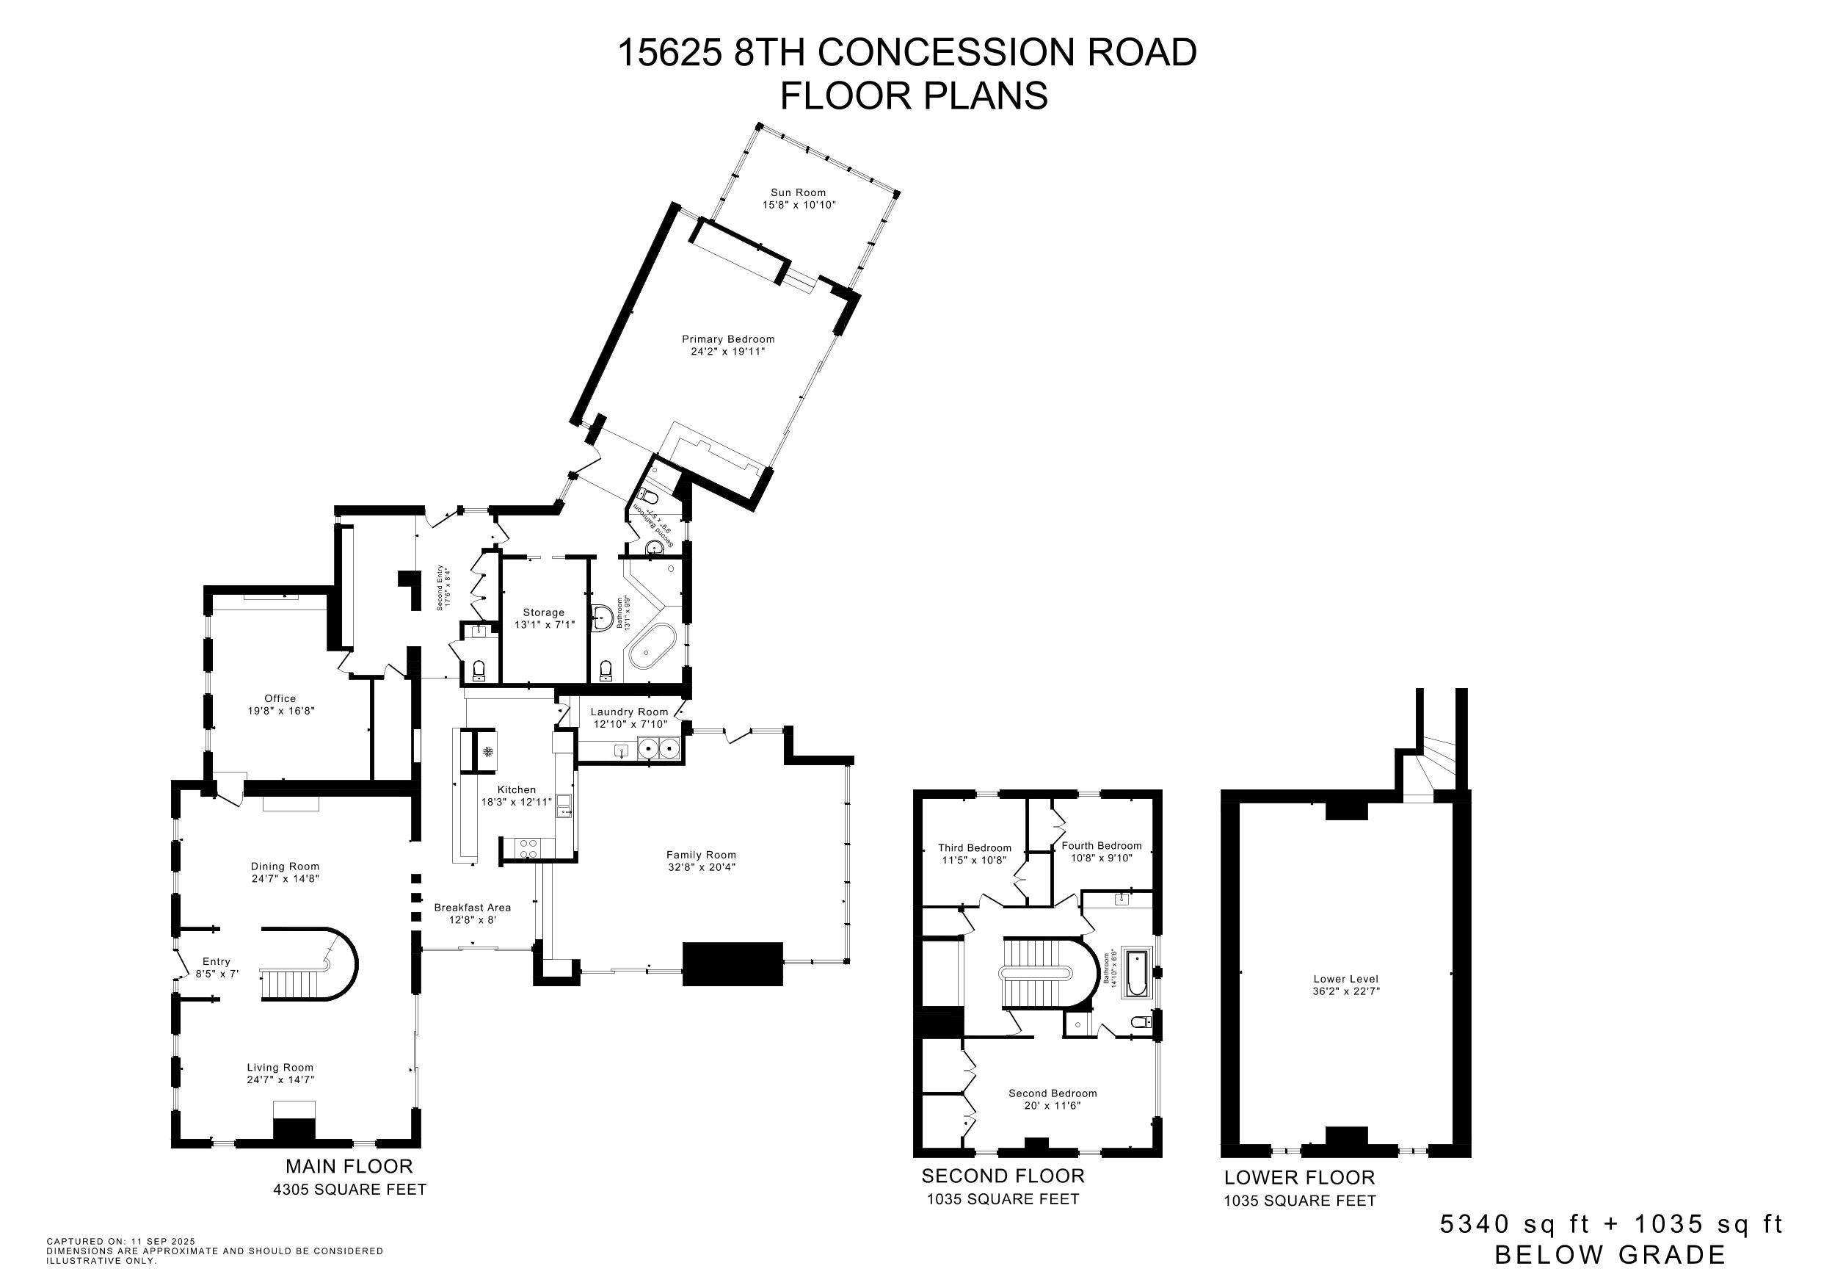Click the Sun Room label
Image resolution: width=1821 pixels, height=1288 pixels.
[x=799, y=192]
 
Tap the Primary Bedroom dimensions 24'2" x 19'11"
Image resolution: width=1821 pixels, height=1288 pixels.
[x=727, y=351]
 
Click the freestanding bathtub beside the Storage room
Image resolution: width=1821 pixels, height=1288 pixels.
[x=652, y=646]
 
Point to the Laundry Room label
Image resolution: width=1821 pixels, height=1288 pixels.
[x=629, y=712]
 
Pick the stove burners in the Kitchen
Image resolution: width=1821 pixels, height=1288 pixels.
[x=528, y=848]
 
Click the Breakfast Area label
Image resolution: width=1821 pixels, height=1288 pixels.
[x=472, y=907]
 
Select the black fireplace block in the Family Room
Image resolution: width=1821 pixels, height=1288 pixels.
[x=733, y=964]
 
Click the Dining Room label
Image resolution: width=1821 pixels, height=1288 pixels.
[x=285, y=866]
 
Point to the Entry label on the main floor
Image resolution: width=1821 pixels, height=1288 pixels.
[x=216, y=961]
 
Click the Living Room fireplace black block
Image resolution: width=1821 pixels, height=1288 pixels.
[x=294, y=1130]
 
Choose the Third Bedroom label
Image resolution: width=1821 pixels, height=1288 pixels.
[x=975, y=847]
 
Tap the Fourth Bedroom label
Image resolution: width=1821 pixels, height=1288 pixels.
[x=1102, y=845]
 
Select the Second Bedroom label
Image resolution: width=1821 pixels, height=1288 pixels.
[x=1053, y=1093]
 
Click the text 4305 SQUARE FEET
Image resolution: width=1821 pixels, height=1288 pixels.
[x=350, y=1190]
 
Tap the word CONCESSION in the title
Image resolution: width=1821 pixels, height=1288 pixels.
[x=945, y=52]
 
